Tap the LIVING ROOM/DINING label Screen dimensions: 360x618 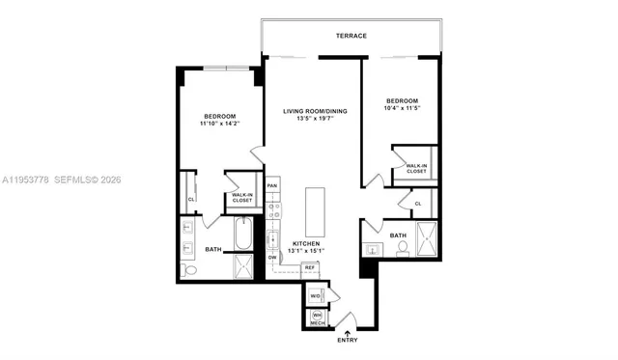[x=314, y=112]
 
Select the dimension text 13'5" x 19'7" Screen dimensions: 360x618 [x=314, y=121]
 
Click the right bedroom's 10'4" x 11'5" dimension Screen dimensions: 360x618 [x=402, y=109]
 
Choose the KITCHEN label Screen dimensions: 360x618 [x=307, y=244]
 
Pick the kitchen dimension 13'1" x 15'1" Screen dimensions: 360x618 [x=307, y=253]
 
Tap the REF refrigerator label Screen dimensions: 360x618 [x=310, y=267]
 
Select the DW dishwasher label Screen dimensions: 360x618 [x=273, y=258]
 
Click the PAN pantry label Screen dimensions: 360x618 [x=273, y=185]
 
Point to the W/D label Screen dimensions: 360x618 [x=315, y=295]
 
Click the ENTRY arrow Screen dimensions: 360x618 [x=347, y=333]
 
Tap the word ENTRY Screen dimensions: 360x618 [x=347, y=342]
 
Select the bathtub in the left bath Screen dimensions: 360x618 [x=243, y=235]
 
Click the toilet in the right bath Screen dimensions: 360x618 [x=402, y=248]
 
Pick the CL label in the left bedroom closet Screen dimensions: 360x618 [x=191, y=200]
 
